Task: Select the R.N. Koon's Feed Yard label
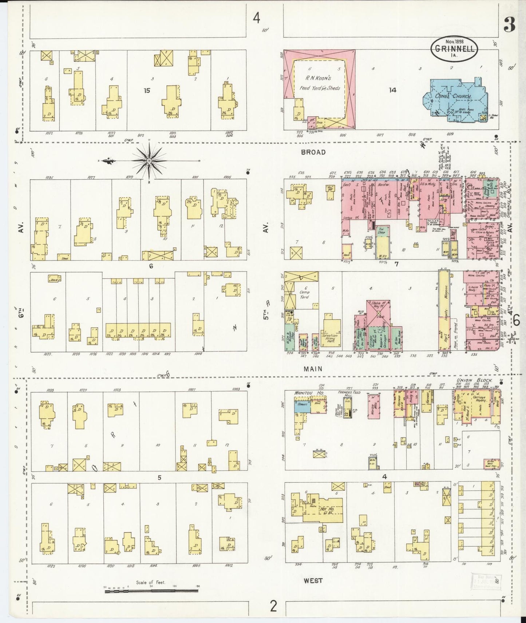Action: click(x=320, y=82)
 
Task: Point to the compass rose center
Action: click(x=149, y=160)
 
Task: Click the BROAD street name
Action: click(x=313, y=152)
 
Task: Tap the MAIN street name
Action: click(x=313, y=369)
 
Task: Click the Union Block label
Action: click(x=474, y=380)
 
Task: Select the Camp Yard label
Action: click(x=304, y=294)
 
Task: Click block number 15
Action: click(x=147, y=91)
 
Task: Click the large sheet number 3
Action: click(x=509, y=25)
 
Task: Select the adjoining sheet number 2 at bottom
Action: click(x=273, y=606)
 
